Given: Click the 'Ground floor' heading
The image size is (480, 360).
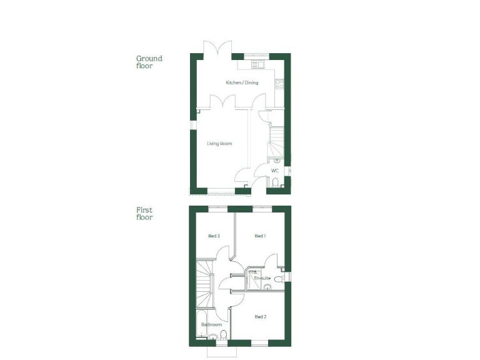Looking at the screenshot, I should (149, 62).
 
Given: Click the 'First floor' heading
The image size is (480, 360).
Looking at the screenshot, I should (144, 214).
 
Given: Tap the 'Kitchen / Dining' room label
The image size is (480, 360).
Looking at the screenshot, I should (242, 82).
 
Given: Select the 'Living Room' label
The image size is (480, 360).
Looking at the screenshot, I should (219, 144).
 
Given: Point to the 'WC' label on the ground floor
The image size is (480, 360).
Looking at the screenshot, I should (274, 171).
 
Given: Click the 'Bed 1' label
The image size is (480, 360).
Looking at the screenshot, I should (261, 236).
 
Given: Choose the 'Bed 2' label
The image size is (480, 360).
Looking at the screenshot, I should (261, 317).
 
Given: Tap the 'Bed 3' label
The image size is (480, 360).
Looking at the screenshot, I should (213, 236).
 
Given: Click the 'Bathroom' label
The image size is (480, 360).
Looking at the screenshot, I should (212, 325).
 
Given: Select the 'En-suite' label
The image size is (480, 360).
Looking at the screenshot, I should (261, 278).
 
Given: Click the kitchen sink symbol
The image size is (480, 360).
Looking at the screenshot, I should (257, 64).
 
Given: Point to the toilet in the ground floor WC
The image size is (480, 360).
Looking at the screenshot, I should (276, 182).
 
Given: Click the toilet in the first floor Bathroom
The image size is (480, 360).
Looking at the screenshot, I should (214, 338).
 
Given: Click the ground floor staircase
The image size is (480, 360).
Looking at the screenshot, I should (276, 141).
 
